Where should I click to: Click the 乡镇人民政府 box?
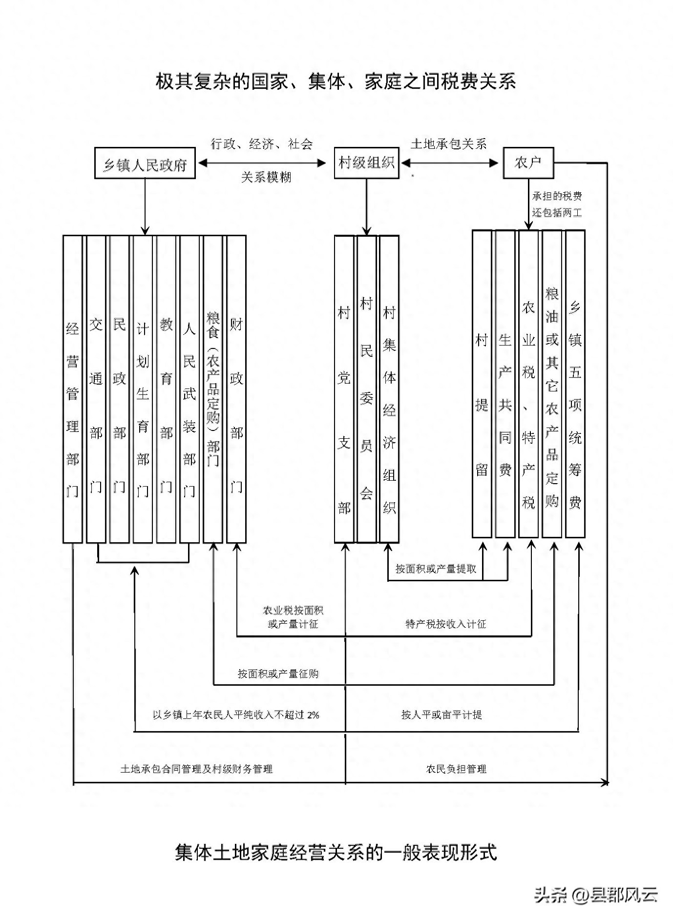[145, 163]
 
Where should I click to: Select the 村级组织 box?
[366, 163]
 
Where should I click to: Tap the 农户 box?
[528, 163]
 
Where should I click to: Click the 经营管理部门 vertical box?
[73, 389]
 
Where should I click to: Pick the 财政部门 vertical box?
[236, 389]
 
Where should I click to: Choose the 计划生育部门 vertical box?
[143, 389]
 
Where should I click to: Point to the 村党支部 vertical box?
[344, 389]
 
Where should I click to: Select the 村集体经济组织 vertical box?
[389, 389]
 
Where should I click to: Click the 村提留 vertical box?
[482, 384]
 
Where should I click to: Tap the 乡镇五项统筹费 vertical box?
[575, 384]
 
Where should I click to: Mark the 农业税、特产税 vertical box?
[528, 384]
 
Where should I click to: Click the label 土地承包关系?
[449, 143]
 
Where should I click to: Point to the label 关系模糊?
[266, 177]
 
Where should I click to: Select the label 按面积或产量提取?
[436, 569]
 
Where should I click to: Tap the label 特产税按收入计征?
[446, 624]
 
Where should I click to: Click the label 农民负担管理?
[456, 769]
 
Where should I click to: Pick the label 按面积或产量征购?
[278, 674]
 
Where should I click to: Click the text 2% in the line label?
[313, 715]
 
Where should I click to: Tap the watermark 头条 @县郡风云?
[596, 895]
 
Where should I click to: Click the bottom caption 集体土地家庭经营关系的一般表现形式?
[336, 852]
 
